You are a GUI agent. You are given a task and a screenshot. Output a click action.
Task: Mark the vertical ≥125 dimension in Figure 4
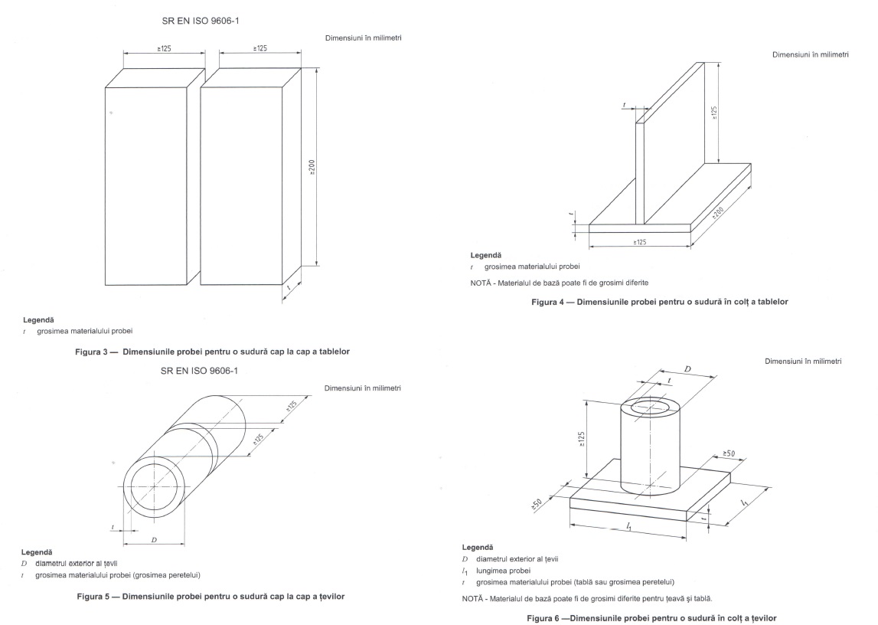[713, 113]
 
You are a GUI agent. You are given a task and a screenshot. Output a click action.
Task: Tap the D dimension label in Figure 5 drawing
[154, 540]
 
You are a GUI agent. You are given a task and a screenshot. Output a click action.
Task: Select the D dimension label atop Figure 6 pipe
[687, 369]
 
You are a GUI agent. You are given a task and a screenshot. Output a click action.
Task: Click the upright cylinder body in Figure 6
[651, 452]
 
